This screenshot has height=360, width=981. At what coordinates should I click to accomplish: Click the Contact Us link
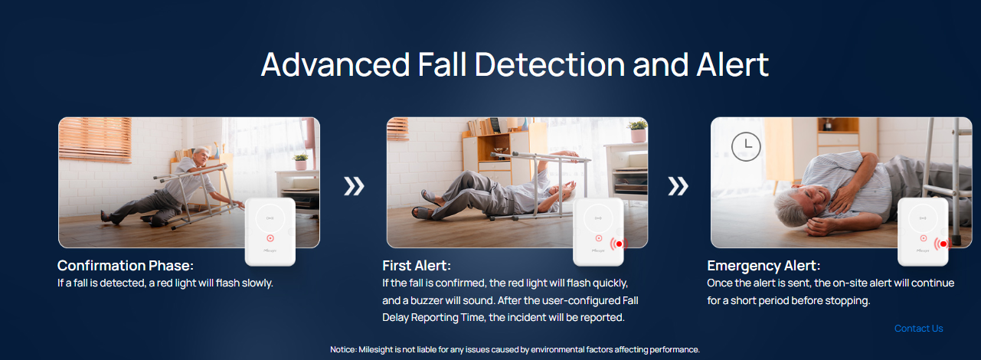click(918, 329)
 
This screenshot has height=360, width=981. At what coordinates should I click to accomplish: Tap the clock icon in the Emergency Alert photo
click(746, 147)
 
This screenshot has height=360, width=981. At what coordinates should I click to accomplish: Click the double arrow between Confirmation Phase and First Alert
click(354, 186)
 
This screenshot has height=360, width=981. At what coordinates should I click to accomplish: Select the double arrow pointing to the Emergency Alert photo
click(678, 186)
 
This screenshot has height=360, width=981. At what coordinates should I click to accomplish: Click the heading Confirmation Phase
click(126, 265)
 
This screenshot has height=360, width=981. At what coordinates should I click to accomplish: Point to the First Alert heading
click(417, 265)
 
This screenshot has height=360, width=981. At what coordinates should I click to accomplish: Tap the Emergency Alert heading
click(764, 266)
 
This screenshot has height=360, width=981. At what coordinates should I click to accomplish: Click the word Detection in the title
click(550, 65)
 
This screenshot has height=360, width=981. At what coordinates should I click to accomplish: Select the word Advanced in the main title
click(335, 65)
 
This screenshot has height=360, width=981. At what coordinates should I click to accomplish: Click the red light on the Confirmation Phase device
click(270, 238)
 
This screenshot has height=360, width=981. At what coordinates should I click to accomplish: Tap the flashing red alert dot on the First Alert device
click(619, 244)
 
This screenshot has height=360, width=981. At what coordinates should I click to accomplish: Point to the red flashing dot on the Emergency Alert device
click(943, 244)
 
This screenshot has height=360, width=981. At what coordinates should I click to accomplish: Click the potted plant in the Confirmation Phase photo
click(300, 161)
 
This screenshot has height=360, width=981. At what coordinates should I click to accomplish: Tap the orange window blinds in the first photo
click(95, 139)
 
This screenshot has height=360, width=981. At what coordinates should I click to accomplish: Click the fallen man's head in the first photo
click(201, 156)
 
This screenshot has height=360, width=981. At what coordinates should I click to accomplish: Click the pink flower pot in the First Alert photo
click(638, 136)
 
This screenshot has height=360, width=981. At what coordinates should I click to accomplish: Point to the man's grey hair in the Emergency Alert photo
click(790, 207)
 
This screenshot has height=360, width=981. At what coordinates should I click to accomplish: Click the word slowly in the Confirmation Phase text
click(257, 283)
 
